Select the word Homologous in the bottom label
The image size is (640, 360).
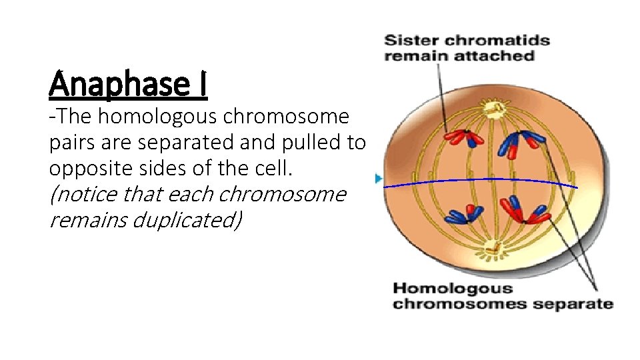pos(453,289)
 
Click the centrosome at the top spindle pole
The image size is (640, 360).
pos(494,107)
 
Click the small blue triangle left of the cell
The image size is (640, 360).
pos(379,179)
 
